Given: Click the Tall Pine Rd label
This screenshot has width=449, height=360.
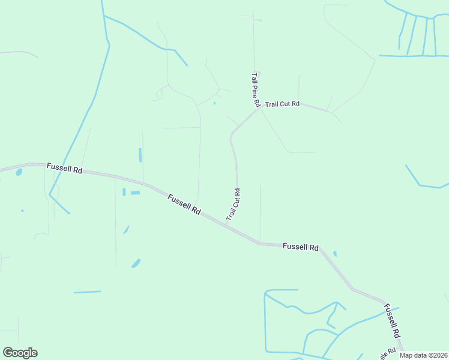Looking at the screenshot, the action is pos(255,90).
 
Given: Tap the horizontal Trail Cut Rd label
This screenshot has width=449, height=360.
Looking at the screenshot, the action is pos(282,104).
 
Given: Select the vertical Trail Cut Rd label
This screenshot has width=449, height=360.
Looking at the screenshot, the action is pos(234,205).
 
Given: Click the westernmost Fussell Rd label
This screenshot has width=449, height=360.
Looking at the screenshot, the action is pos(65,169).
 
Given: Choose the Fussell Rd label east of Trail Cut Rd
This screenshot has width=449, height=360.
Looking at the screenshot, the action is pos(300,247).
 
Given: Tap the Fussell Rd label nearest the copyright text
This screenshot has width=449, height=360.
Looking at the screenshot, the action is pos(392,321).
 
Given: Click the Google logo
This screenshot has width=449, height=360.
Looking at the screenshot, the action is pos(20,353).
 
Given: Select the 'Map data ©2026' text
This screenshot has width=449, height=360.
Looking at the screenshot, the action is pos(423,355).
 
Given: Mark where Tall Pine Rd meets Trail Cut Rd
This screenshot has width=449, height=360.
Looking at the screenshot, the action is pos(258,109).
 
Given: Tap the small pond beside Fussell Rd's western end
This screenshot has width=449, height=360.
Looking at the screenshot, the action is pos(19,172).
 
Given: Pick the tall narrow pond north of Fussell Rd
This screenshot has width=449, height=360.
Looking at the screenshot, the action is pos(140,155).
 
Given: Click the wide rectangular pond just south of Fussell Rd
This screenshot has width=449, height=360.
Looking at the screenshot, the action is pos(135,193).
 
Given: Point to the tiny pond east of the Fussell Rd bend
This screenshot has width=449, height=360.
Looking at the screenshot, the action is pos(335,254).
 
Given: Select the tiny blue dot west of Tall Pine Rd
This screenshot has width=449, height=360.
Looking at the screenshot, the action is pos(214,103).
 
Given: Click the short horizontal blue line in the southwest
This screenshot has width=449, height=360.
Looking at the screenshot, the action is pos(88,292).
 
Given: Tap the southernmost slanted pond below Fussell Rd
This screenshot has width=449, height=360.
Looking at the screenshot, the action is pos(136,263).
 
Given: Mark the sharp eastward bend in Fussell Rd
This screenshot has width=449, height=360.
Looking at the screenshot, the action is pos(260,244).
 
